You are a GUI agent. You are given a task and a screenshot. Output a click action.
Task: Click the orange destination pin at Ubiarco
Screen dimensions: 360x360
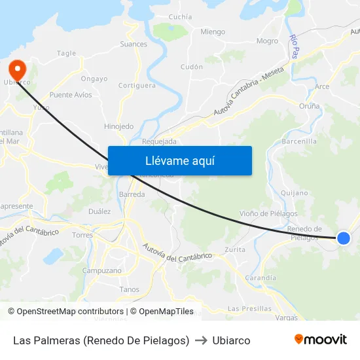pos(15,69)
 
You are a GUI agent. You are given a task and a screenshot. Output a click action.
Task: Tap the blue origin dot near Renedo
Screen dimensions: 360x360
pos(343,238)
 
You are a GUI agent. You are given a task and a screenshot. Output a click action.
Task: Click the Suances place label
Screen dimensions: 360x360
pos(134,45)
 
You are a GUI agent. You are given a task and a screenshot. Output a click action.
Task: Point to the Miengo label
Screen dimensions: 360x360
pos(213,31)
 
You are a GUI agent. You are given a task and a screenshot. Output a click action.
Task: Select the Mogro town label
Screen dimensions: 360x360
pos(268,41)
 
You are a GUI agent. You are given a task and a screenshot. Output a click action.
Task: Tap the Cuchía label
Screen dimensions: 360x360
pos(181,17)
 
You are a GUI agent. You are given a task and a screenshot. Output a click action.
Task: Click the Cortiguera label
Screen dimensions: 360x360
pos(137,85)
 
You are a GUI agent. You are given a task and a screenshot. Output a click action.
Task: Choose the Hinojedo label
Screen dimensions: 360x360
pos(118,126)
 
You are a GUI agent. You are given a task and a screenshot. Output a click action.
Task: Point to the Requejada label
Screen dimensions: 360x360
pos(159,141)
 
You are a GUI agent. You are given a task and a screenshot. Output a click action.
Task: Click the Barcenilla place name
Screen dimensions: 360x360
pos(299,141)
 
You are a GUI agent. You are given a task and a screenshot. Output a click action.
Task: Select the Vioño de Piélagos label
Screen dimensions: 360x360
pos(268,213)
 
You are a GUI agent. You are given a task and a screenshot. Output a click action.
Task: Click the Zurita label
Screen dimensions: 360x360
pos(235,249)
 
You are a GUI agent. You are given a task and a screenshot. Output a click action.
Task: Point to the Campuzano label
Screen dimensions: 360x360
pos(101,270)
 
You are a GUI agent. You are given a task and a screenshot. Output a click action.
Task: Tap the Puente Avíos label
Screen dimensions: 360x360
pos(71,95)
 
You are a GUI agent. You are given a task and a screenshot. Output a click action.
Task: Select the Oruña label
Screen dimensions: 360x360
pos(309,106)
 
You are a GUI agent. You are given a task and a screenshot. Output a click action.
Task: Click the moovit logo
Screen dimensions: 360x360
pos(320,339)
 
